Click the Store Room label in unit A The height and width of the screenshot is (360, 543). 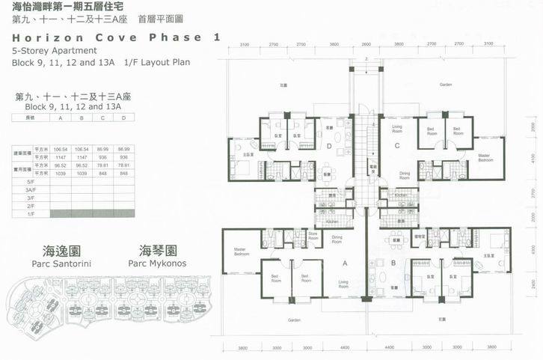pos(314,236)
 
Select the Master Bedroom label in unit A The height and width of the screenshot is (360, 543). pos(240,252)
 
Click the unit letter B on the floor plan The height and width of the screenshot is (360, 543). pos(392,263)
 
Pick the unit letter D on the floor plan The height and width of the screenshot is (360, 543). pos(330,147)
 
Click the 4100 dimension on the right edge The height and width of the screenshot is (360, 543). pos(530,159)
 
